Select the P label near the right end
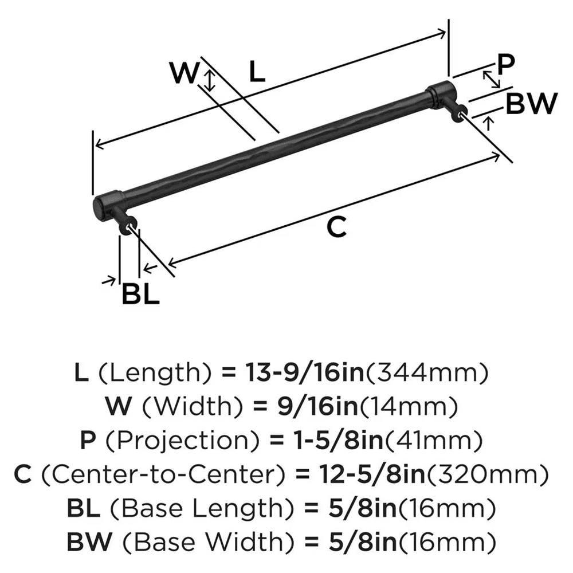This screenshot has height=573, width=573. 506,64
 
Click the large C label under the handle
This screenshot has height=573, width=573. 336,227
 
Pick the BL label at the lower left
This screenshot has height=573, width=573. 140,295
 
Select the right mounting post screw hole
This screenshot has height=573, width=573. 463,116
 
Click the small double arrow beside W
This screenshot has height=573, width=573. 210,81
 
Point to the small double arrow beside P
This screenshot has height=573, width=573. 490,79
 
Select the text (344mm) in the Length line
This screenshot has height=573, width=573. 427,374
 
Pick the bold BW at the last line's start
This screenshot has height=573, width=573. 84,540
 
